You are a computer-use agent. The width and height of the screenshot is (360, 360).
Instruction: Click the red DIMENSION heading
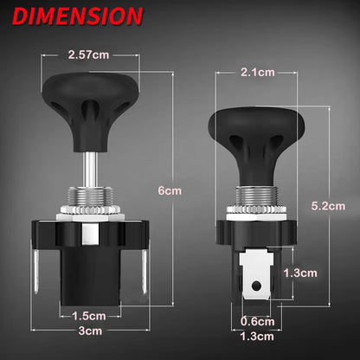click(x=78, y=16)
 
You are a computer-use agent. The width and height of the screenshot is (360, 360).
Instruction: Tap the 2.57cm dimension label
click(x=88, y=55)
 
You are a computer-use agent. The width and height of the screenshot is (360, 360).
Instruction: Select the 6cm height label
click(x=170, y=190)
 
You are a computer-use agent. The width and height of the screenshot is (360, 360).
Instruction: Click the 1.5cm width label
click(x=89, y=316)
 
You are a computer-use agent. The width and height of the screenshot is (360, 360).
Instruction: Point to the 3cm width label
click(x=90, y=331)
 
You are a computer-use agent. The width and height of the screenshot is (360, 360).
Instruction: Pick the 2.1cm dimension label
click(x=258, y=72)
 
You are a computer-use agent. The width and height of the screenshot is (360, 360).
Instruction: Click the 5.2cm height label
click(x=328, y=206)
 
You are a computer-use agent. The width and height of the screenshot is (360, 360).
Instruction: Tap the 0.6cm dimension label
click(x=257, y=321)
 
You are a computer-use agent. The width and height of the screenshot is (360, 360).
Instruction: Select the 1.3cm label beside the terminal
click(x=300, y=273)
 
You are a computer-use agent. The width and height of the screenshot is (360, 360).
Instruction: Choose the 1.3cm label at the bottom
click(x=257, y=337)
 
